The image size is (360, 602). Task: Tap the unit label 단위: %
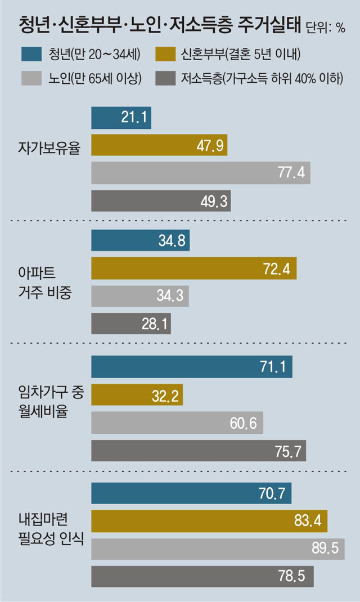point(326,28)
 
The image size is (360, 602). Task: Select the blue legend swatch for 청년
point(32,55)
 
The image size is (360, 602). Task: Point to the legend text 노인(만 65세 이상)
point(94,78)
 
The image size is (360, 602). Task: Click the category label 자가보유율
point(49,149)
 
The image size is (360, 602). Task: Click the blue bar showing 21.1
point(121,118)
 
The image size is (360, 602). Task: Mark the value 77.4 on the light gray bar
point(290,173)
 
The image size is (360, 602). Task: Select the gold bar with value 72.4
point(193,268)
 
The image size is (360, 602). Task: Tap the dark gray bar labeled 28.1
point(130,324)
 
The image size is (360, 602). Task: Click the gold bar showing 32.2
point(137,396)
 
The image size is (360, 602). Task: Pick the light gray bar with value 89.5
point(218,549)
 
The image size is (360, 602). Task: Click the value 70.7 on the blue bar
point(273,494)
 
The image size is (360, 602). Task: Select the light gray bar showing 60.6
point(177,423)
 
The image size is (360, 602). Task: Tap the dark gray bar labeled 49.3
point(161,200)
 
